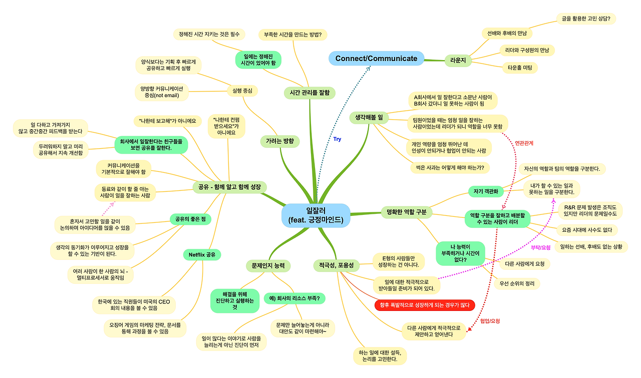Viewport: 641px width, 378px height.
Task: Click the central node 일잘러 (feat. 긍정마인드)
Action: [x=316, y=215]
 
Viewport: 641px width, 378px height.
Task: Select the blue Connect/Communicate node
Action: [x=376, y=59]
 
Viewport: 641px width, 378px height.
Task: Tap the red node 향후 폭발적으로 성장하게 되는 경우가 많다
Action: [x=424, y=305]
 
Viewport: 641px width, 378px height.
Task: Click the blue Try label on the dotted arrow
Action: [x=337, y=139]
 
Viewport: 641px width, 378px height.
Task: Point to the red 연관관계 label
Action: [x=524, y=143]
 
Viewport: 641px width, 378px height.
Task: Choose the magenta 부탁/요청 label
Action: [x=540, y=247]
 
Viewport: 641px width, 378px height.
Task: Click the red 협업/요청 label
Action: [x=490, y=321]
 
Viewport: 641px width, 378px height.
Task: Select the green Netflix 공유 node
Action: [x=202, y=255]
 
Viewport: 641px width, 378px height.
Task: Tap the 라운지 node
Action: [x=458, y=61]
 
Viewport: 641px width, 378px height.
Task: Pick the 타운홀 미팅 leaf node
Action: [x=520, y=67]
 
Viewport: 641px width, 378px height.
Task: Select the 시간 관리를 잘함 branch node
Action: [x=309, y=92]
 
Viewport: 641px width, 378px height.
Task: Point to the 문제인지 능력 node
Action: [x=268, y=265]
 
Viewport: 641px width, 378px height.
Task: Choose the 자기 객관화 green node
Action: [x=485, y=191]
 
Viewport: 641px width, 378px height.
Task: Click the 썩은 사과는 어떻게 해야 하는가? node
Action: [x=450, y=168]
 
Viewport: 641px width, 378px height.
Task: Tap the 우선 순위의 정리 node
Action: [x=517, y=283]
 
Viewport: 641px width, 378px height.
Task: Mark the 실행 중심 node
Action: [x=242, y=91]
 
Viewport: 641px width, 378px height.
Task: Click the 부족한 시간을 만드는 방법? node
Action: [x=293, y=35]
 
